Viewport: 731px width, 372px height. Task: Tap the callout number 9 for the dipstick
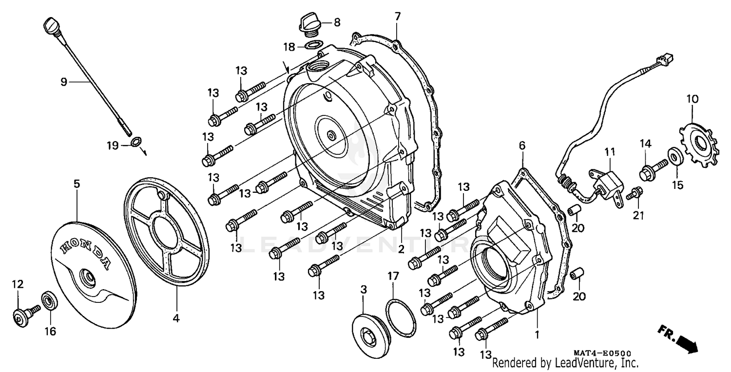(x=63, y=82)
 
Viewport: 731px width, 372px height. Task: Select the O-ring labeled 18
(x=313, y=46)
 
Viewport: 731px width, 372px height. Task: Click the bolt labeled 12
(x=22, y=315)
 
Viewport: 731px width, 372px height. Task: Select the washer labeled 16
(x=49, y=300)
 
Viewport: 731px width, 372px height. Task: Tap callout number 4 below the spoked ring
(x=176, y=319)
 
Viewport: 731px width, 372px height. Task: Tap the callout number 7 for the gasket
(x=397, y=16)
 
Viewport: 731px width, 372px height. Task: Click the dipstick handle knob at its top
(x=51, y=24)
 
